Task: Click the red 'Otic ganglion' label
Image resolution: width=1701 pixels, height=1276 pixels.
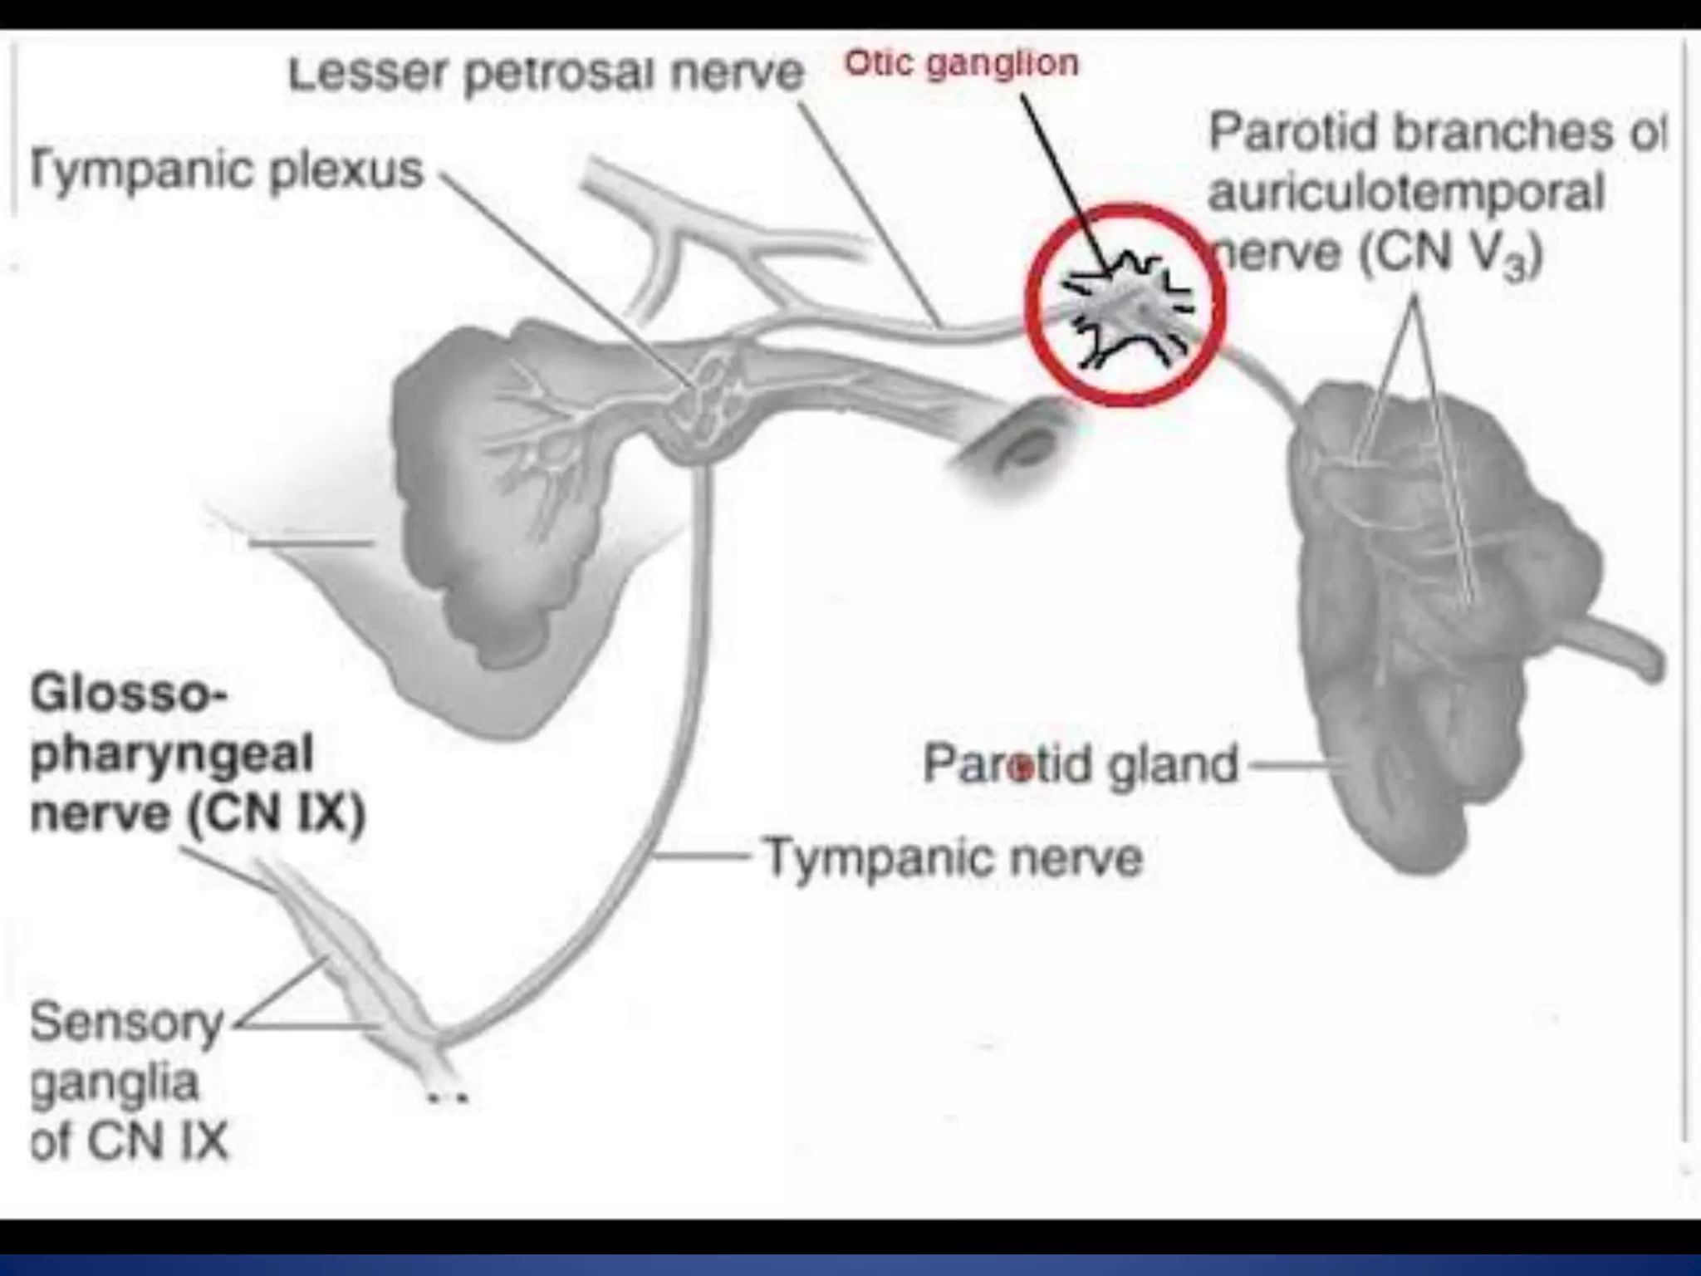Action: (961, 63)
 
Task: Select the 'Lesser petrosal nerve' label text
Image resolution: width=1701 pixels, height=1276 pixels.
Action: (545, 73)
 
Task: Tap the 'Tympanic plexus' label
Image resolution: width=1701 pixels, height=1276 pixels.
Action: (227, 170)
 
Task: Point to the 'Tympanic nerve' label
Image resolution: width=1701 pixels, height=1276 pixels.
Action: (953, 856)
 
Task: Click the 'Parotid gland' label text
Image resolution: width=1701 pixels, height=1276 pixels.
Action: (1080, 764)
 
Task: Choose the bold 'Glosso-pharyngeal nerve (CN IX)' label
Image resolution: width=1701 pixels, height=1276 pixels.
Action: (197, 753)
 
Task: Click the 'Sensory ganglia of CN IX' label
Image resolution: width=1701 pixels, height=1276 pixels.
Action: (128, 1081)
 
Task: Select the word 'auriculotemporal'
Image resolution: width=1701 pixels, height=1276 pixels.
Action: (1405, 193)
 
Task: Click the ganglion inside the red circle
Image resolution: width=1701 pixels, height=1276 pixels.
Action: (1127, 308)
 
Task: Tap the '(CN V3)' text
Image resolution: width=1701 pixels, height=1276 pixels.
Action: (1450, 253)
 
